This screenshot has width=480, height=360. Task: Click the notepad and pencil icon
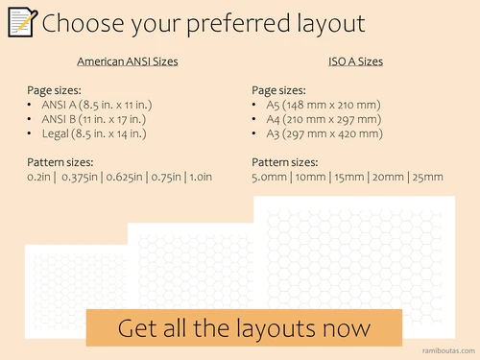22,22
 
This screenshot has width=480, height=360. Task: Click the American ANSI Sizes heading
128,61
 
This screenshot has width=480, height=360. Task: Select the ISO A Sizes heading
355,61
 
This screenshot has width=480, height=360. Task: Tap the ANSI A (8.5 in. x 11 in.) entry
97,105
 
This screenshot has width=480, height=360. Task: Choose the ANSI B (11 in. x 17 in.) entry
94,119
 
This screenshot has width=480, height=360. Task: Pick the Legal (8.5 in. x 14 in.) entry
94,133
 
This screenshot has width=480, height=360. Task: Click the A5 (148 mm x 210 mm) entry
324,105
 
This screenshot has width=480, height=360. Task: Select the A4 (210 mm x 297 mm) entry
324,119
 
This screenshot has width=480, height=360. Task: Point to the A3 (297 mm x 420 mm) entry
324,133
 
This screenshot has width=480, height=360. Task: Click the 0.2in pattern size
38,177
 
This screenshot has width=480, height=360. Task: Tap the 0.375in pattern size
80,177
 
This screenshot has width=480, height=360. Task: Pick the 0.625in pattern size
124,177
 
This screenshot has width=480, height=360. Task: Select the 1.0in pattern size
201,177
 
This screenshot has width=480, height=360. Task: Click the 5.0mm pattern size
269,177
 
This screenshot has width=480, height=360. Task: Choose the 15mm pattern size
349,177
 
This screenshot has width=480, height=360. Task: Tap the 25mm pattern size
427,177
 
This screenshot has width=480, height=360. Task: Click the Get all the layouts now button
244,327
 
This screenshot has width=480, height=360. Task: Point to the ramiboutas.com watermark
448,350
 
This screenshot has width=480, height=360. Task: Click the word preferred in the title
238,24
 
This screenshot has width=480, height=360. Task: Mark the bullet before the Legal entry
29,133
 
